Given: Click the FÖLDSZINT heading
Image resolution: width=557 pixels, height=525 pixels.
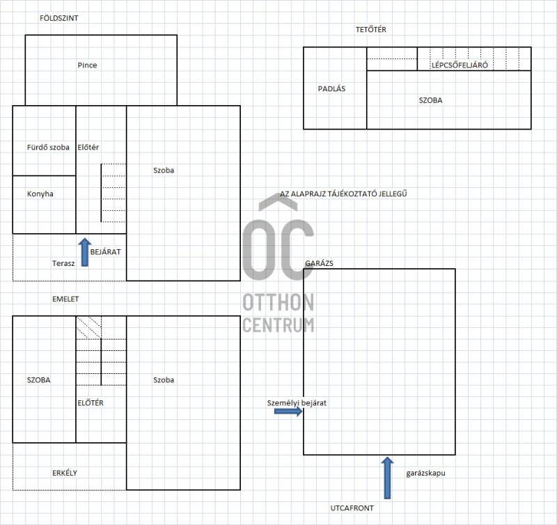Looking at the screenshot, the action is point(58,18).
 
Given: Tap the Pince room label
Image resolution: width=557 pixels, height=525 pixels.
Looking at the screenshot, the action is point(87,65).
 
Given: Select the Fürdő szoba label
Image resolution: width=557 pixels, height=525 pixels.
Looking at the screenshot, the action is point(48,147).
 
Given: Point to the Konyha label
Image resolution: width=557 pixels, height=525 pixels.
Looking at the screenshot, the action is point(40,194).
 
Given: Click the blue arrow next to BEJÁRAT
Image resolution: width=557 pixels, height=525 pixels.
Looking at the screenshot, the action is point(84,252).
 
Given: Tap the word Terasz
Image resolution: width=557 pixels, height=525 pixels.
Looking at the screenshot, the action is point(63,263).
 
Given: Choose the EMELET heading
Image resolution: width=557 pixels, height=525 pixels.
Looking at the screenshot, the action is point(65,299).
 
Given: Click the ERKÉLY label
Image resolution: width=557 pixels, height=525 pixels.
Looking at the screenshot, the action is point(64,473).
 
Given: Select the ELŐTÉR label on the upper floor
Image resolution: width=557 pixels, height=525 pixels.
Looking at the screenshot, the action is point(91,403).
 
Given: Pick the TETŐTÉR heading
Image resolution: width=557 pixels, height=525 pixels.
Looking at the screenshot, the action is point(371,29).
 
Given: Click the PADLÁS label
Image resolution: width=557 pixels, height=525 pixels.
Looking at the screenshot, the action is point(331,89).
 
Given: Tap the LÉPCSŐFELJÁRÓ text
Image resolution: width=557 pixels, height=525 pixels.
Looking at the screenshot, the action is point(460,65).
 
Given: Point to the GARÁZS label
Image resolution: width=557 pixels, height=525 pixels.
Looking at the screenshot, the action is point(319,263).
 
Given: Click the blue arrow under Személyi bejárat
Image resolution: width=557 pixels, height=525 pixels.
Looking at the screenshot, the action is point(288,412).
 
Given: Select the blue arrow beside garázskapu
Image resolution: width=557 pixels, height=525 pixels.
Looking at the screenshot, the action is point(387,478).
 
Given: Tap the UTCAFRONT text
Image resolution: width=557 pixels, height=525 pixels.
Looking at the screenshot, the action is point(352,508).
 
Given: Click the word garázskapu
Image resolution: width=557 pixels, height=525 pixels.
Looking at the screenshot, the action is point(425,473).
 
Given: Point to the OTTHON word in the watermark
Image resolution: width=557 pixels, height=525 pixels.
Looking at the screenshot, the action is point(278,302).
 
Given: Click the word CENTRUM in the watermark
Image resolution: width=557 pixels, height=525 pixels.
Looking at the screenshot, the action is point(278,324).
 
